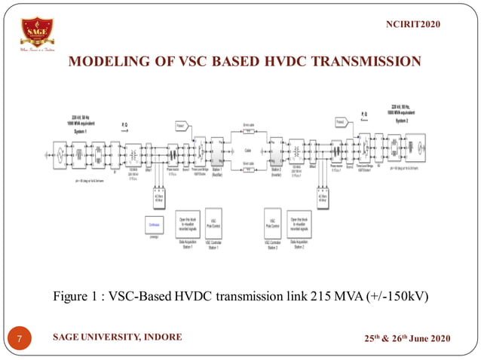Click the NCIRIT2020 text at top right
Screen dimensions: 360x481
pos(412,25)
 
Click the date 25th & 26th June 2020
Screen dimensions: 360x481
pos(406,337)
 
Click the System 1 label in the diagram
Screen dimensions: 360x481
pos(80,131)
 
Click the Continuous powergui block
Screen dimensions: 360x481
pos(152,224)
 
